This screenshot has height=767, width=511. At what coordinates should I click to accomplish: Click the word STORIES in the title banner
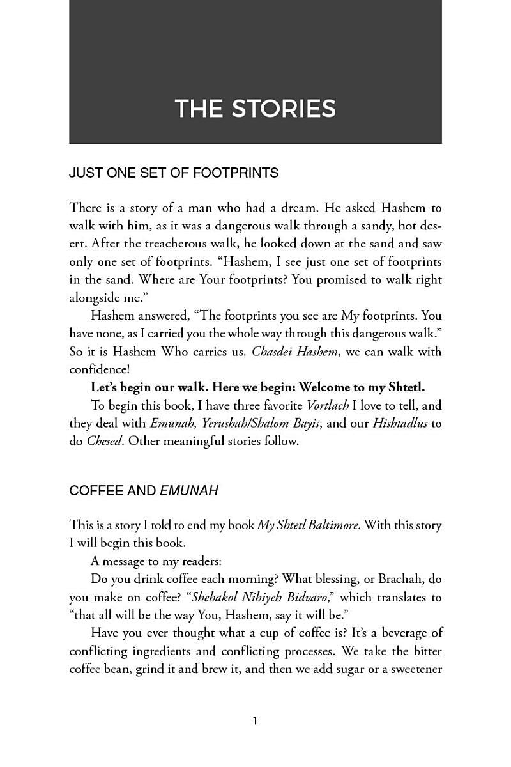click(x=284, y=109)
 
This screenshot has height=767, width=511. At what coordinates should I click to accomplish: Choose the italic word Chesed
click(x=104, y=441)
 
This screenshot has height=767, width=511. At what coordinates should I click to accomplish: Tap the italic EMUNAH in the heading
click(x=189, y=491)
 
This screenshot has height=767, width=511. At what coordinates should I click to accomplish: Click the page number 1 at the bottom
click(x=255, y=721)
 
